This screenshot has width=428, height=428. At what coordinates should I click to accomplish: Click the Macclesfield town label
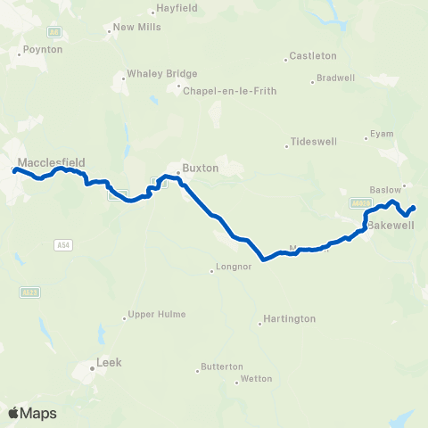pyautogui.click(x=51, y=162)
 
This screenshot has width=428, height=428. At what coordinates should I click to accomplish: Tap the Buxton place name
pyautogui.click(x=200, y=167)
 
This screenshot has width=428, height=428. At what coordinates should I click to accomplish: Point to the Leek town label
pyautogui.click(x=108, y=363)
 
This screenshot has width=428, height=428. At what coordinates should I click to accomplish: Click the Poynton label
pyautogui.click(x=43, y=50)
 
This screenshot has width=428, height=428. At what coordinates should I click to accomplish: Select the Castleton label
pyautogui.click(x=313, y=56)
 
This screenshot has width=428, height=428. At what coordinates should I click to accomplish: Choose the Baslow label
pyautogui.click(x=383, y=189)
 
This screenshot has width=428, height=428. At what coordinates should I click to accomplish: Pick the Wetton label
pyautogui.click(x=255, y=380)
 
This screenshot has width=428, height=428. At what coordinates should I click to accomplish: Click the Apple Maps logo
pyautogui.click(x=32, y=413)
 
